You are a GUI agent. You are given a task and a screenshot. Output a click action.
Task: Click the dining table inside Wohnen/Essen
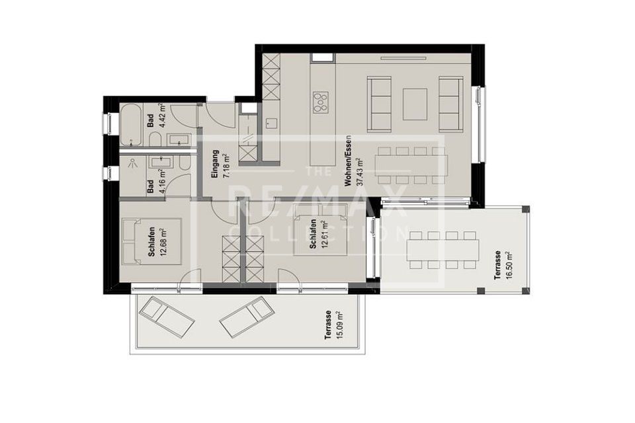pyautogui.click(x=411, y=164)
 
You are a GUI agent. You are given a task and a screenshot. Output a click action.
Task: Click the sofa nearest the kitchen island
pyautogui.click(x=380, y=104)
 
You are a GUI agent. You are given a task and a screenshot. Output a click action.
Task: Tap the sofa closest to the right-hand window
pyautogui.click(x=451, y=104)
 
